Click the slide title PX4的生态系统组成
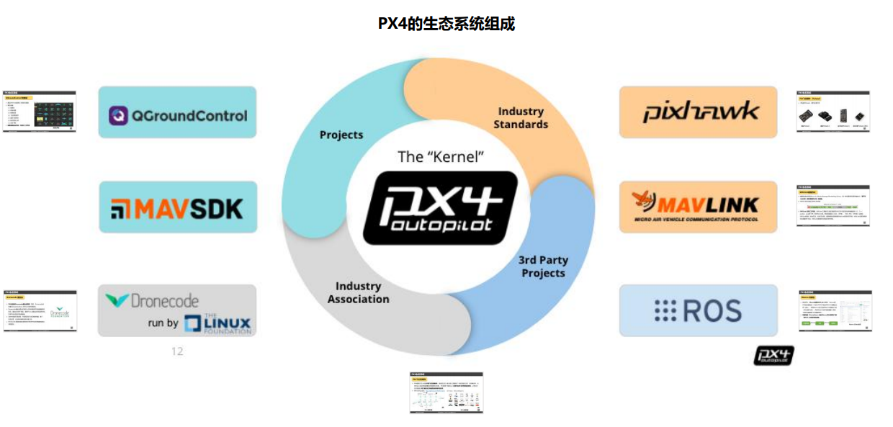447,24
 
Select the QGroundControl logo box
177,113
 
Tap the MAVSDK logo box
178,207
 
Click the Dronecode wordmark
152,300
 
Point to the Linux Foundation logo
217,324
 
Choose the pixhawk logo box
698,112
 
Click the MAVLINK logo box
698,207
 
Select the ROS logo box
698,310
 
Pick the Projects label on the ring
341,135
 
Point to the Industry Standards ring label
521,118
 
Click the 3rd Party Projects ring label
543,266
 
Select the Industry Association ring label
358,292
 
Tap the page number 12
177,351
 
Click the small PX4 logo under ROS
773,355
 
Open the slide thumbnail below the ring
447,392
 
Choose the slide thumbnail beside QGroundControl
40,112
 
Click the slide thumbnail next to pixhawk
834,112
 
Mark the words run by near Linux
163,323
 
